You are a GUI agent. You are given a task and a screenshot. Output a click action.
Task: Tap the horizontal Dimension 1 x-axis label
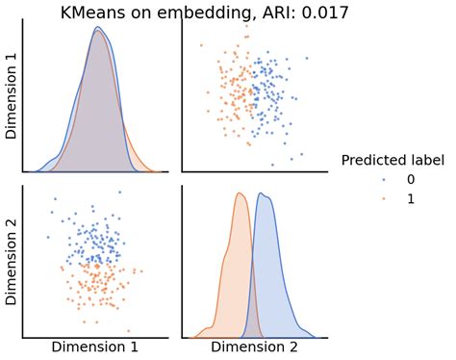tap(94, 347)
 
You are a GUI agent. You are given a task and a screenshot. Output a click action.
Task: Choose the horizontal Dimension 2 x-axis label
tap(254, 347)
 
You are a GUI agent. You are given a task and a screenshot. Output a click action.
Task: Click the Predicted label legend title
tap(393, 161)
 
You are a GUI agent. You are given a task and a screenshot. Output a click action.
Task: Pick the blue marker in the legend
tap(384, 180)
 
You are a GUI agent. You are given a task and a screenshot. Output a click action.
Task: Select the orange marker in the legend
tap(384, 198)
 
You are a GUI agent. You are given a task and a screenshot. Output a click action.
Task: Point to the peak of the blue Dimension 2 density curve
tap(264, 196)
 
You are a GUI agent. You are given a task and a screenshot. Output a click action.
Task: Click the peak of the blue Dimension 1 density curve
tap(97, 27)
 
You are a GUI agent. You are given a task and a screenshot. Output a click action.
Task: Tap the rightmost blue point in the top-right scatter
tap(308, 59)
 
